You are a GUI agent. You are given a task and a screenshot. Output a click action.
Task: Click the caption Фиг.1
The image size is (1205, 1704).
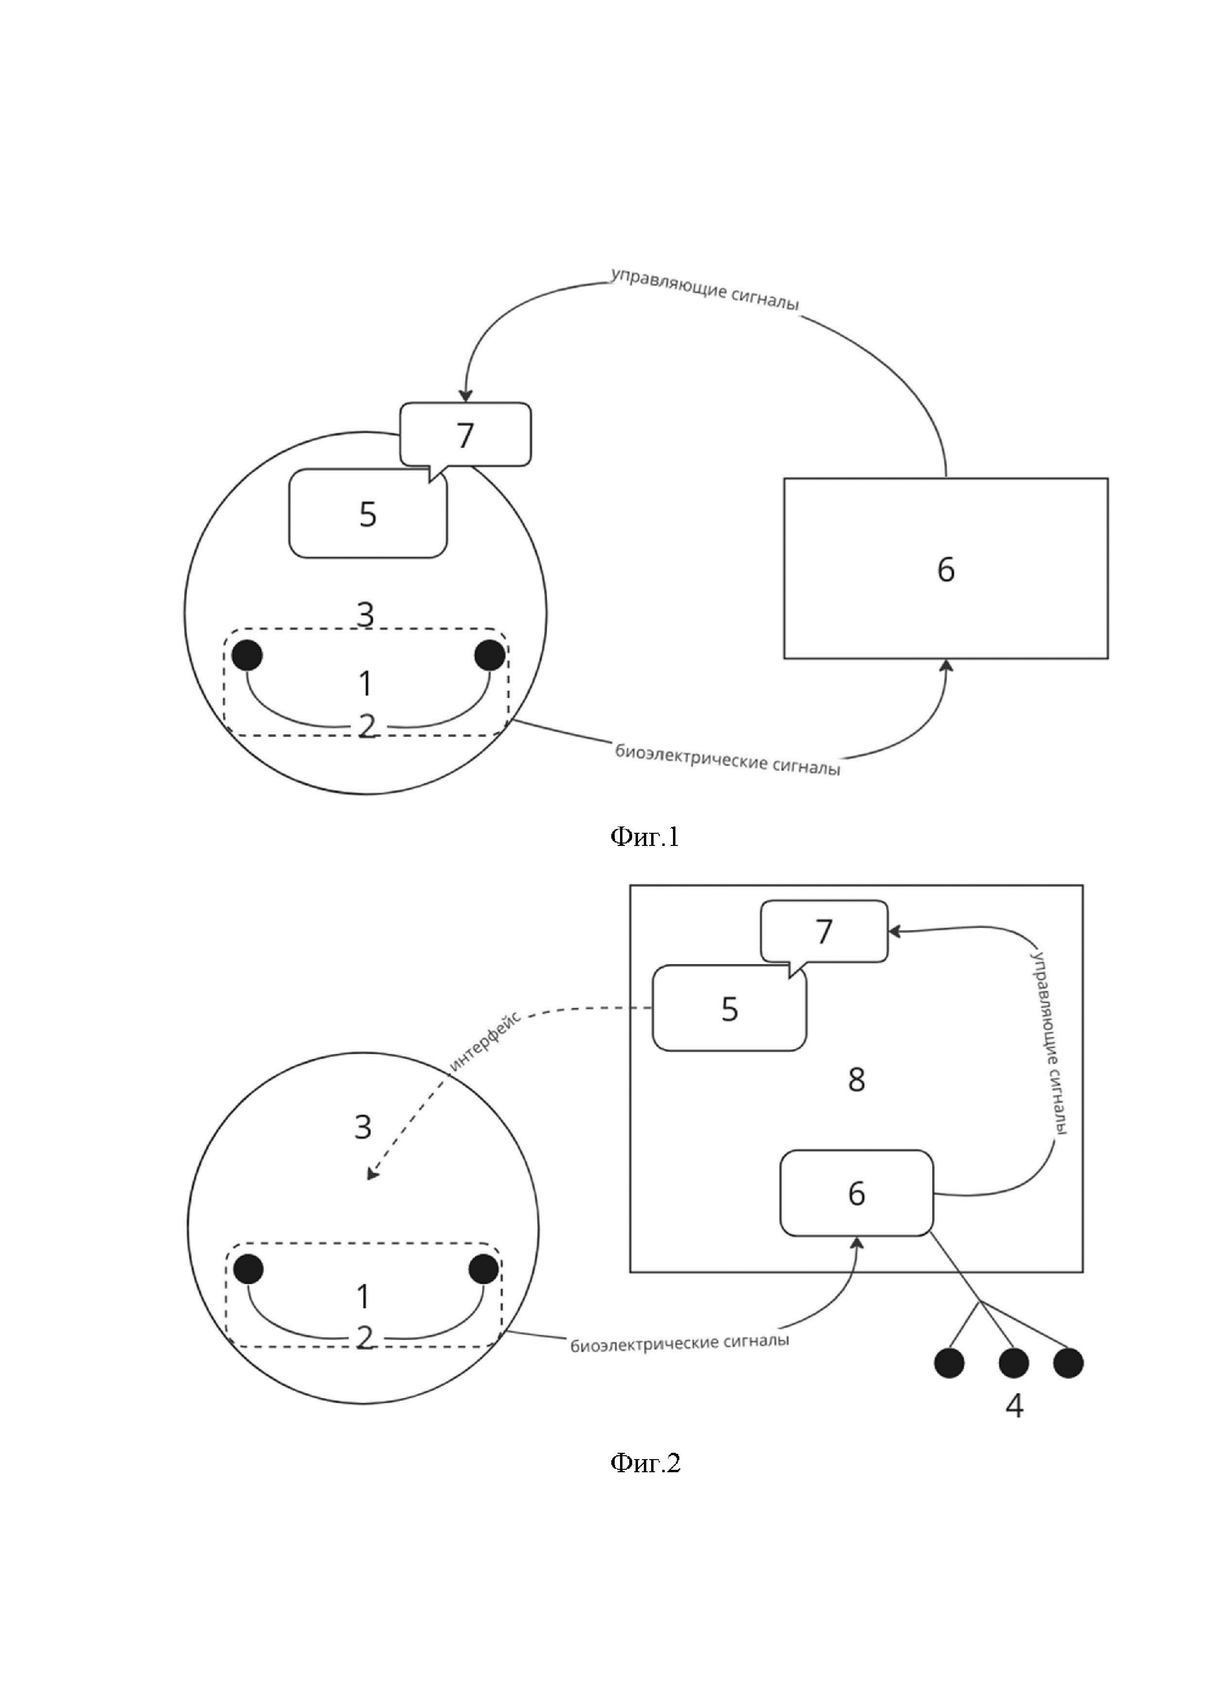[644, 837]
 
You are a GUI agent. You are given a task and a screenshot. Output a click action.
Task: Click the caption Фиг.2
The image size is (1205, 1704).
[645, 1463]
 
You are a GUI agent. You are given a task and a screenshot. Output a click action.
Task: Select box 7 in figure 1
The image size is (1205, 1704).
[465, 434]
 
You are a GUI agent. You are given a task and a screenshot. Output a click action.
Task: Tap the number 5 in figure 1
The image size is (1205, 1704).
[368, 514]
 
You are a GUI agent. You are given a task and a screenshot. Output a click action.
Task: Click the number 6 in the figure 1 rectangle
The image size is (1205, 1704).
[946, 569]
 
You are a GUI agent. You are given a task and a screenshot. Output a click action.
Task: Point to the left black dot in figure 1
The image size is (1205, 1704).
[247, 655]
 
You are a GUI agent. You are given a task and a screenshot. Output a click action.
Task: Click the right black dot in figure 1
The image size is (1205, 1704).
[490, 655]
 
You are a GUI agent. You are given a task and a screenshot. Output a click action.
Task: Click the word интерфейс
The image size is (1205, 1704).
[485, 1040]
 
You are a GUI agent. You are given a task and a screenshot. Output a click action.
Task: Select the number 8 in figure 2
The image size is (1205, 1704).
[856, 1080]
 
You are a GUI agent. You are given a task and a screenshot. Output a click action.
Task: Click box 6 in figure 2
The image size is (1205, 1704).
[856, 1193]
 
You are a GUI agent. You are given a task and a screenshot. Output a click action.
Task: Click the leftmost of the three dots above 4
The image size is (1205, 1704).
[949, 1362]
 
